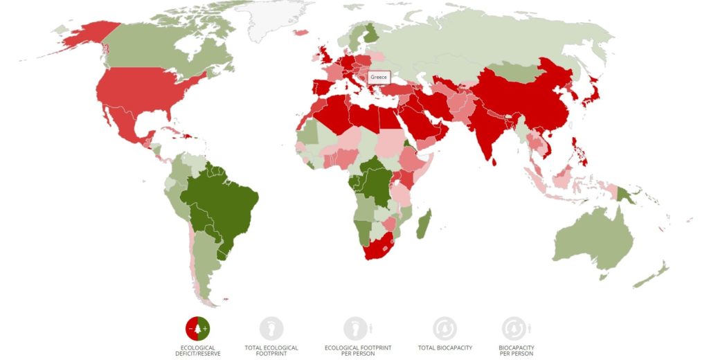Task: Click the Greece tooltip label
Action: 379,77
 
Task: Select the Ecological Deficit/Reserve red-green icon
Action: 197,327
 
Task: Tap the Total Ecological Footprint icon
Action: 271,328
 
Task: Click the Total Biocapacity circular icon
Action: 445,328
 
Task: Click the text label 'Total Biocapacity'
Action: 445,348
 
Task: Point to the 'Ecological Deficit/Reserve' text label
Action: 197,350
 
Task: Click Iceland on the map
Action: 300,32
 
